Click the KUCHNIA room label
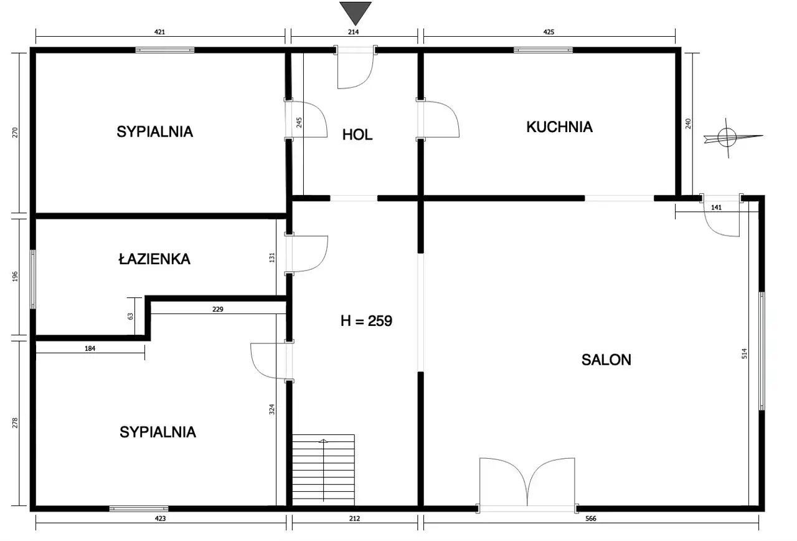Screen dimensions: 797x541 [559, 127]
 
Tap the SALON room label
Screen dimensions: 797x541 [606, 360]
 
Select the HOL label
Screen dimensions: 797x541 [357, 135]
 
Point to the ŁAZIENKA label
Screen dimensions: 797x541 [154, 259]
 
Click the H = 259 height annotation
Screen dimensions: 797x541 [367, 321]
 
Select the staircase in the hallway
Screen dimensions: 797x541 [323, 470]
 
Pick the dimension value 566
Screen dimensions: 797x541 [591, 519]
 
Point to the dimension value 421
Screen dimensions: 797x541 [159, 32]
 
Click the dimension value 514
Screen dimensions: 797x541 [744, 353]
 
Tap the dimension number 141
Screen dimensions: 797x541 [716, 208]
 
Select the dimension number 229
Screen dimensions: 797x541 [218, 309]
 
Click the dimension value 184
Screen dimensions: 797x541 [90, 348]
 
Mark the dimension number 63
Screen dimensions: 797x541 [130, 316]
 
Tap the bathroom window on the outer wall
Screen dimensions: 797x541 [33, 279]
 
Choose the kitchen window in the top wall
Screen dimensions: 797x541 [543, 50]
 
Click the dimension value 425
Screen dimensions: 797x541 [549, 32]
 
